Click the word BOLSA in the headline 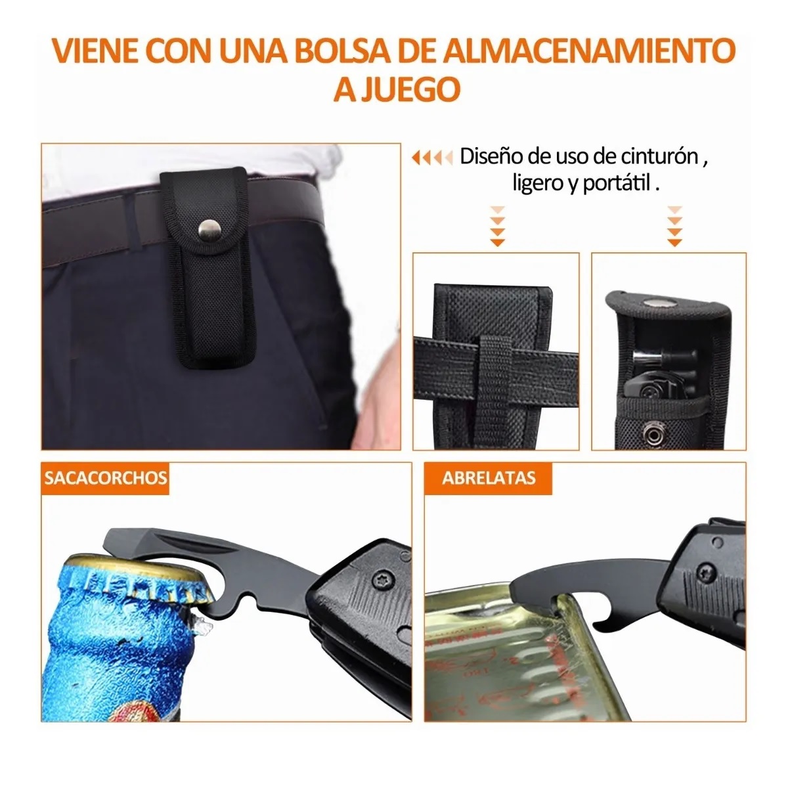(x=342, y=51)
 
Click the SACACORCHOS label (x=106, y=478)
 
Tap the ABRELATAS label (x=489, y=478)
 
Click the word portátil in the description (x=617, y=183)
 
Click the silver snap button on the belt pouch (x=209, y=230)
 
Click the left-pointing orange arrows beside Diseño (x=432, y=157)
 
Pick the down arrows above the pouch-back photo (x=497, y=227)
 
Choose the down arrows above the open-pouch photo (x=674, y=227)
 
